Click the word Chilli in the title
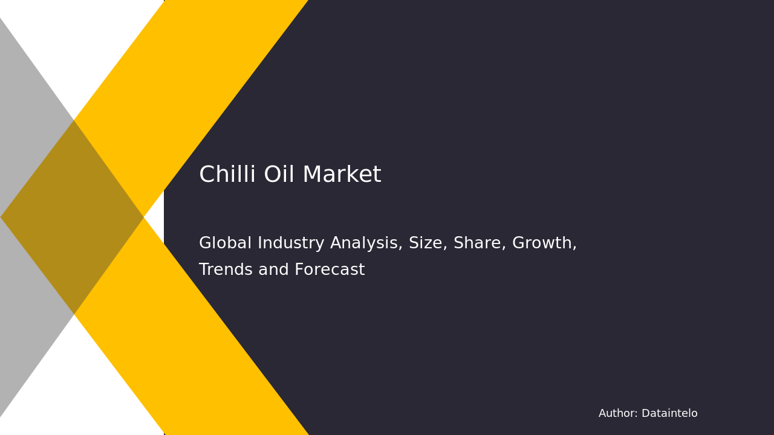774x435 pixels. pyautogui.click(x=227, y=175)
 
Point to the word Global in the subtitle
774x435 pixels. pyautogui.click(x=225, y=243)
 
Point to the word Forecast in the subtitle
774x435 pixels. pyautogui.click(x=330, y=270)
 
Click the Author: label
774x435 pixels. pyautogui.click(x=618, y=414)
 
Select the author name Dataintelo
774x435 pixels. pyautogui.click(x=669, y=414)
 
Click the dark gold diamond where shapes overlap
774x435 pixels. pyautogui.click(x=73, y=217)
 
